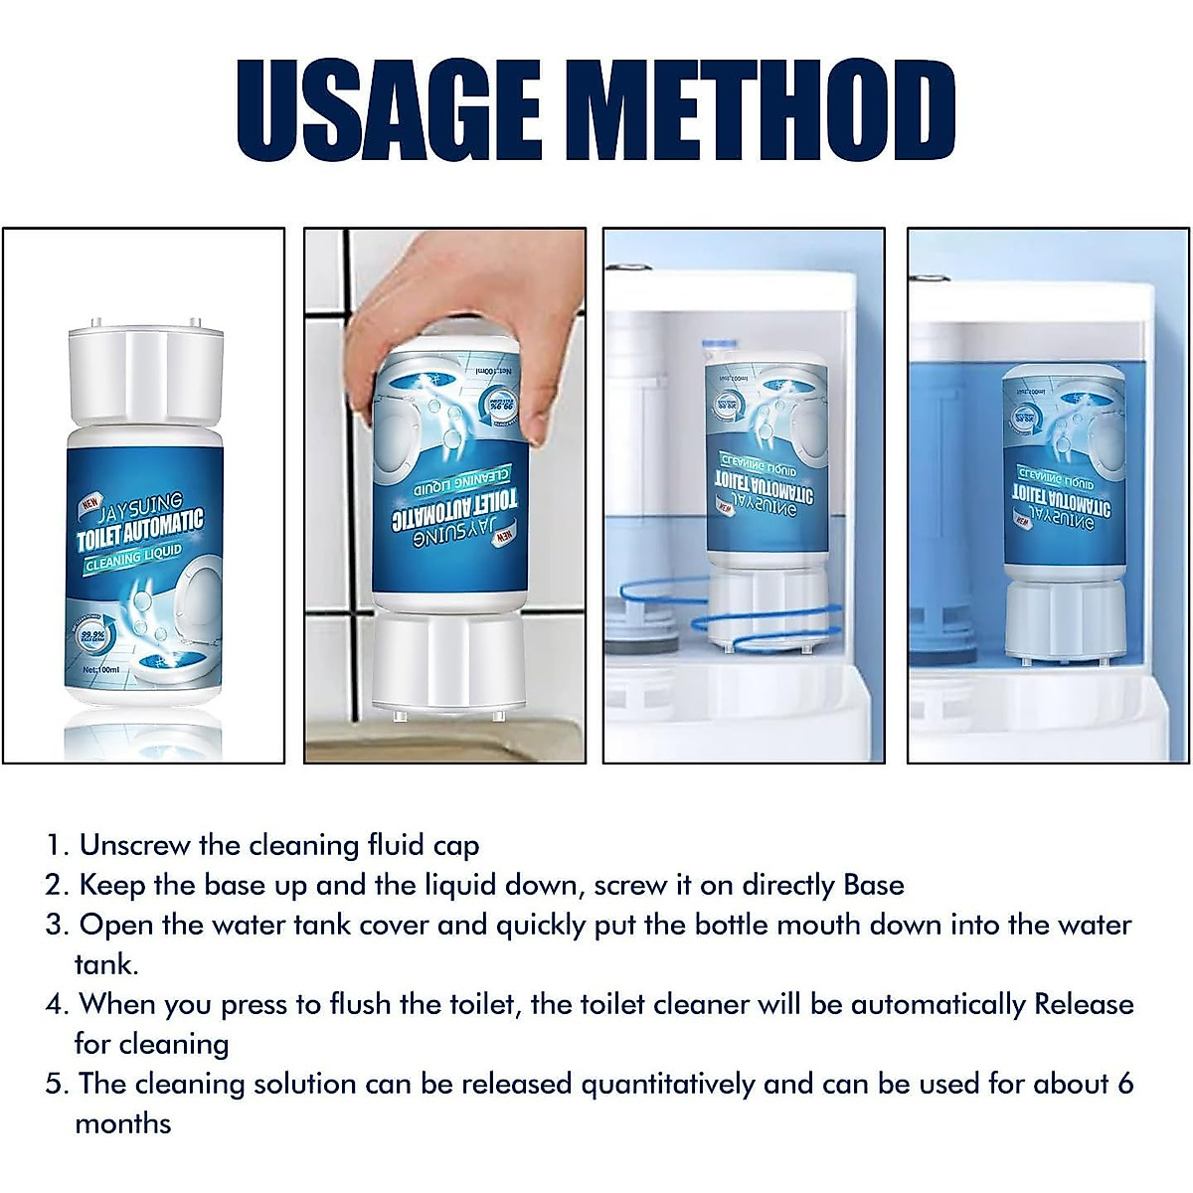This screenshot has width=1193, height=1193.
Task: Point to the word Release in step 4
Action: pyautogui.click(x=1084, y=1004)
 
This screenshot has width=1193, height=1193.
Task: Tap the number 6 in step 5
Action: pyautogui.click(x=1125, y=1084)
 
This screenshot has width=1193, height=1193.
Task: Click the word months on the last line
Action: pyautogui.click(x=122, y=1124)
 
